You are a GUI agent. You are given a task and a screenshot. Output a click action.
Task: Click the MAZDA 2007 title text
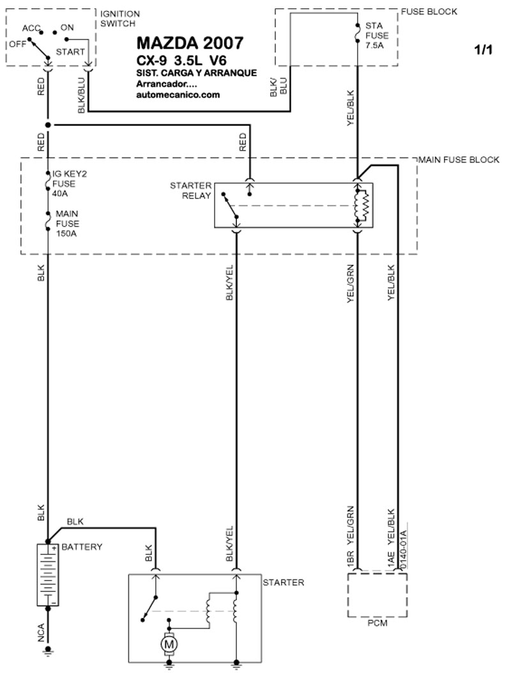coord(190,43)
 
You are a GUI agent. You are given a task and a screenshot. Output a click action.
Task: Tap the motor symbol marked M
coord(169,644)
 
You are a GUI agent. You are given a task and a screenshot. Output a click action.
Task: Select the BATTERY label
coord(82,547)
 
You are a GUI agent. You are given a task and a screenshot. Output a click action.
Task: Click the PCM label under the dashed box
coord(378,623)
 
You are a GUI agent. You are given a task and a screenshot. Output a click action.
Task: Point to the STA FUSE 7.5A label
coord(377,36)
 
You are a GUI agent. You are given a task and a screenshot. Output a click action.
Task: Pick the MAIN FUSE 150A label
coord(68,224)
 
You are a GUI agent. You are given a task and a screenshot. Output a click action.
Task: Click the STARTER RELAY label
coord(190,191)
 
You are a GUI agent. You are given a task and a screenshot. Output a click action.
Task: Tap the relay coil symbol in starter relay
coord(362,205)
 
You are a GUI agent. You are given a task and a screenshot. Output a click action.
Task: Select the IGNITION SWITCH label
coord(120,18)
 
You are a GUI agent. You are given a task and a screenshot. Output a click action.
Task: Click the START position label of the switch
coord(70,52)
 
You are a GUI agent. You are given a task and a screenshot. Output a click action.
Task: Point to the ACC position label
coord(31,28)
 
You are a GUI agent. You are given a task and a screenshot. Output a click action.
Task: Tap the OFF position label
coord(18,44)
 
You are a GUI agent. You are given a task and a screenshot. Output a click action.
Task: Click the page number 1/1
coord(484,50)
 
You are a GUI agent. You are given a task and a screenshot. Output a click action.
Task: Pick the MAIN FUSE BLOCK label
coord(459,159)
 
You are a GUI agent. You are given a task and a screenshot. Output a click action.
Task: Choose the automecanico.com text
coord(178,95)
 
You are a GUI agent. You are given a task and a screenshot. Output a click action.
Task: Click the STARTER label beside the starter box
coord(284,582)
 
